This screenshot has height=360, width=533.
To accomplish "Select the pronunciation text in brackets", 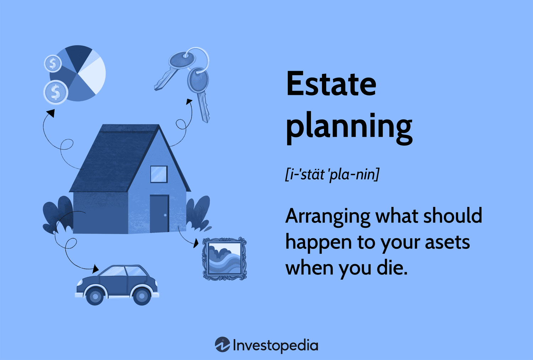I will point(332,174).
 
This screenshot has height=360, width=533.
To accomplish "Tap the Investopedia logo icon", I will point(222,345).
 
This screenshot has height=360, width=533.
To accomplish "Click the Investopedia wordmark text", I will point(275,345).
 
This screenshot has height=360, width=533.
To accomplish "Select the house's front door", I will point(159,213).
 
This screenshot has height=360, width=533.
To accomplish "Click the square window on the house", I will point(159,174).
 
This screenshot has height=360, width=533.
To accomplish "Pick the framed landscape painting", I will point(224,258).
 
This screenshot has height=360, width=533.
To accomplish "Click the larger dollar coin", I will point(55,92).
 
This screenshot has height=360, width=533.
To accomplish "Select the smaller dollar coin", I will point(53,64).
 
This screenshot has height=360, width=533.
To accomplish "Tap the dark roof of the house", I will point(114,156).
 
